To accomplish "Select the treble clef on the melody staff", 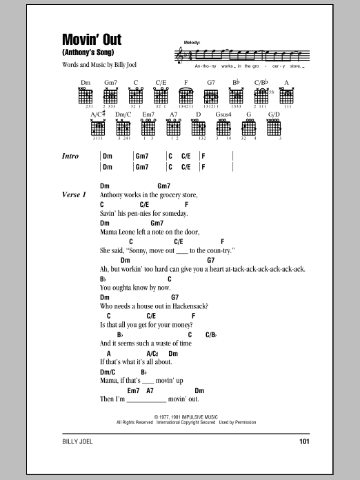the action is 181,53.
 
